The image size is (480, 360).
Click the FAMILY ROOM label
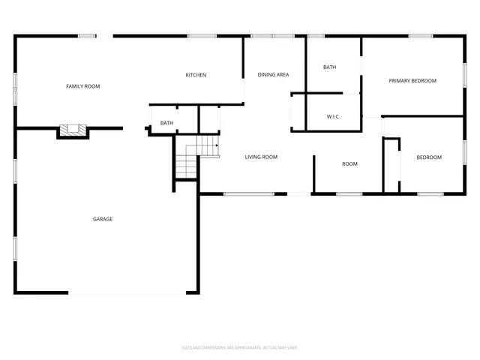(82, 86)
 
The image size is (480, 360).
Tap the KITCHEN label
(196, 75)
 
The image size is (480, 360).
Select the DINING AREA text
(273, 74)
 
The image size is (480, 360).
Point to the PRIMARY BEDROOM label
(412, 81)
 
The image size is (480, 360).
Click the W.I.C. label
(334, 117)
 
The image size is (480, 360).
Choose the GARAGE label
(103, 219)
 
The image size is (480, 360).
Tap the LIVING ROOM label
(261, 157)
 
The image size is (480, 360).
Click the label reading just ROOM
(349, 164)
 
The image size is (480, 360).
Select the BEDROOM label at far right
(429, 157)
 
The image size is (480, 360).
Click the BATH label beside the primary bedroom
(330, 67)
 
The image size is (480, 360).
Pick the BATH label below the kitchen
(166, 123)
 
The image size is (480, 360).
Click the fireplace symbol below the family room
(73, 130)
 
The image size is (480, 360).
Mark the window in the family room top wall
(87, 35)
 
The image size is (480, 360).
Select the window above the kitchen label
(197, 35)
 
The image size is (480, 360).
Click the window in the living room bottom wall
(248, 194)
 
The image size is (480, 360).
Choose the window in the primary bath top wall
(316, 35)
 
